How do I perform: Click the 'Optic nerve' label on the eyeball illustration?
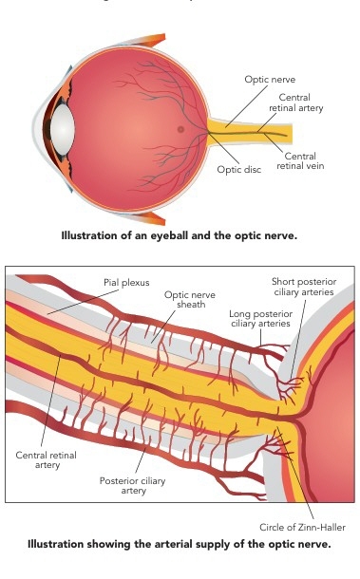click(270, 80)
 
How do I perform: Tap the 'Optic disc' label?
click(238, 170)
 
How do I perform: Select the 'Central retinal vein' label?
click(300, 161)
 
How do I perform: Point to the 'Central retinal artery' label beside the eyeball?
click(295, 103)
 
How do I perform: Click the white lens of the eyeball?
click(62, 129)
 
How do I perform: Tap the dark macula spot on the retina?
click(180, 129)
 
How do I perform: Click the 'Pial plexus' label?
click(126, 283)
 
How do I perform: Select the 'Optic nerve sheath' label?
click(190, 300)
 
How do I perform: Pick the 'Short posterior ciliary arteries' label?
click(304, 287)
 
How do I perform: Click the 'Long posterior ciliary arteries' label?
click(260, 319)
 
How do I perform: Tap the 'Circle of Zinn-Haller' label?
click(302, 528)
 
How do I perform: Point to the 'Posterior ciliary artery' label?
click(132, 486)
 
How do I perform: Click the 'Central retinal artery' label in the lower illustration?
click(47, 459)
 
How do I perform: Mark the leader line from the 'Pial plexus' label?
click(83, 302)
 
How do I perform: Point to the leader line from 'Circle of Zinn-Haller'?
click(295, 473)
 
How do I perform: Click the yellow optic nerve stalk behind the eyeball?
click(252, 131)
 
